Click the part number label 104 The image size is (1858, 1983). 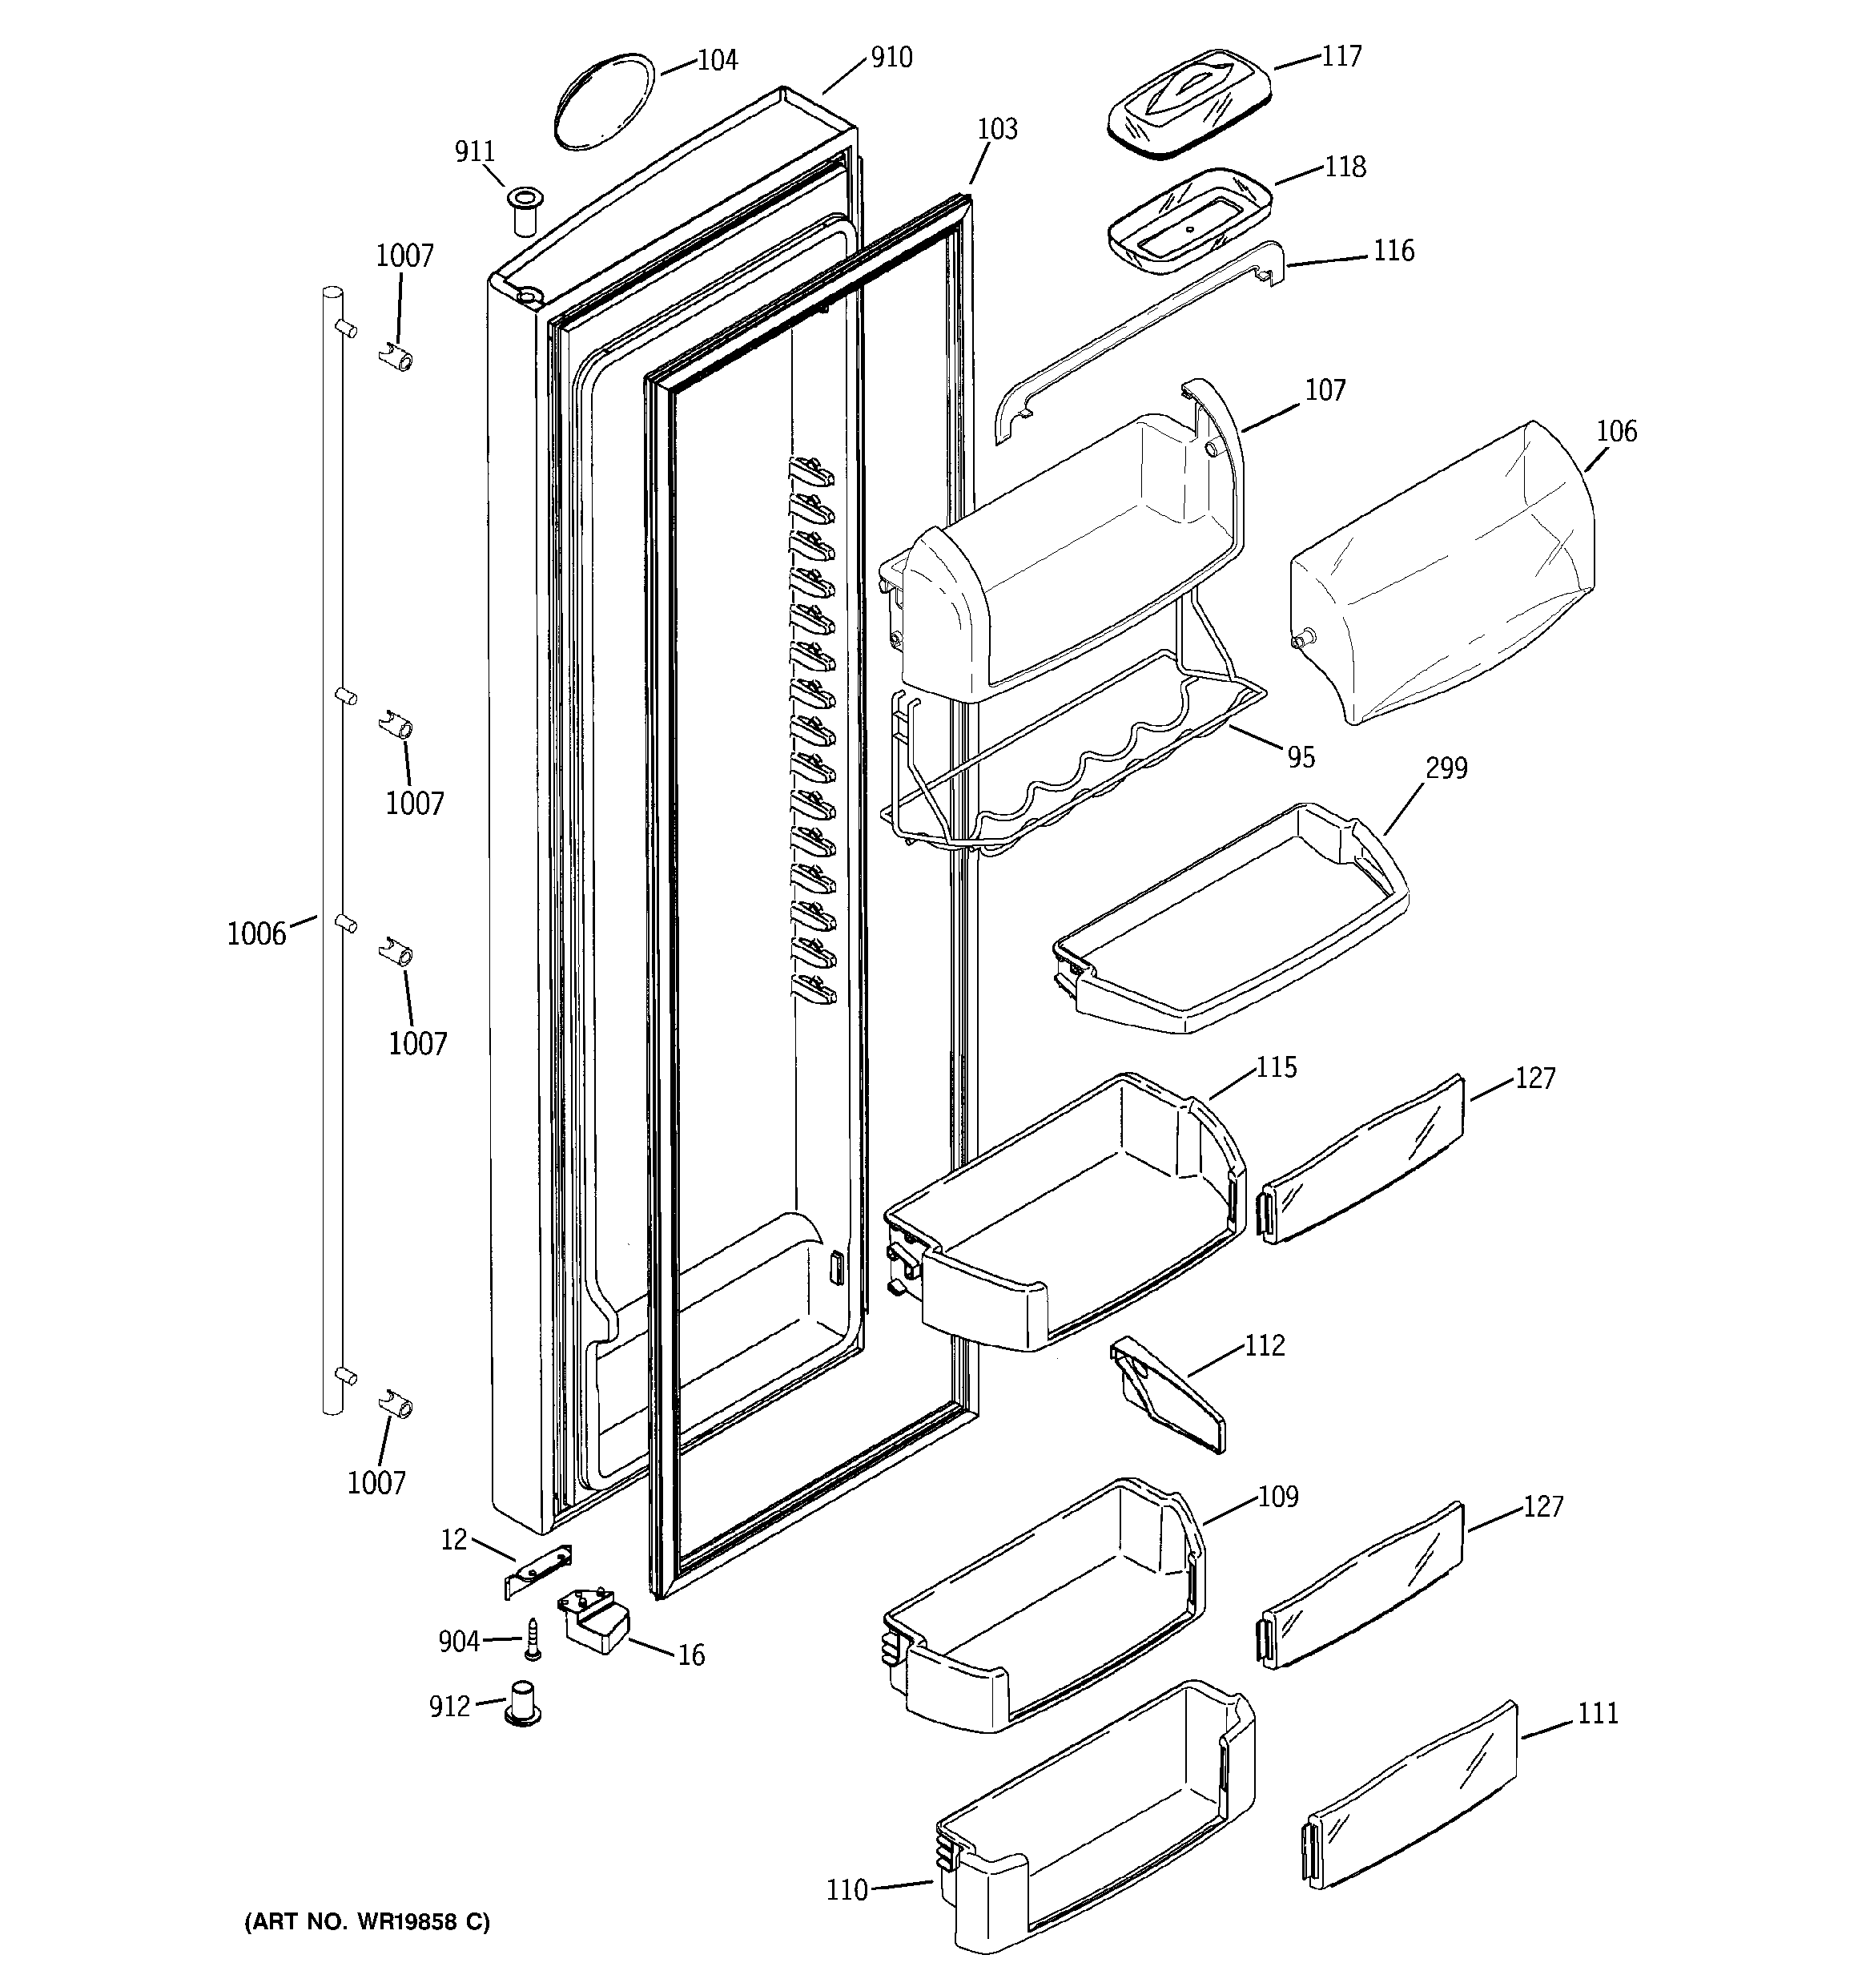click(x=716, y=61)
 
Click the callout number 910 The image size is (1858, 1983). click(x=891, y=58)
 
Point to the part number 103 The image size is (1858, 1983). click(x=996, y=130)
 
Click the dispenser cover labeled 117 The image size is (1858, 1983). click(x=1188, y=103)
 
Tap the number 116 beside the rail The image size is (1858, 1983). click(x=1393, y=250)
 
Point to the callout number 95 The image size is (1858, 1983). click(x=1301, y=758)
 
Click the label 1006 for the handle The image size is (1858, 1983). click(x=256, y=935)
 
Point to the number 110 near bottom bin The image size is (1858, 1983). click(x=847, y=1890)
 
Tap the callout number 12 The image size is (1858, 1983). click(x=454, y=1541)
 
